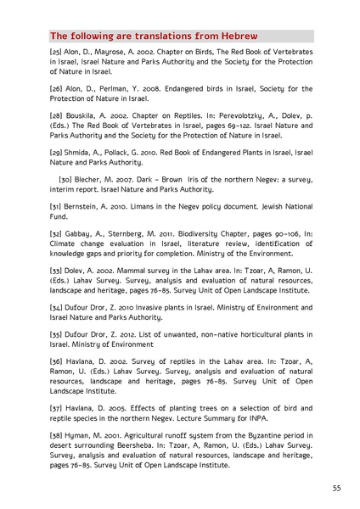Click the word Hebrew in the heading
[235, 36]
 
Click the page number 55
[336, 488]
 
